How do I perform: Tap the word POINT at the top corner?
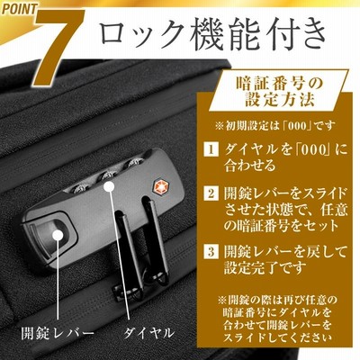click(19, 8)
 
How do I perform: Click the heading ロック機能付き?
click(212, 34)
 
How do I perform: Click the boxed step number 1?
click(211, 149)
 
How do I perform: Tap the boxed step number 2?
click(211, 193)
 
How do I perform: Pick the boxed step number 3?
click(211, 251)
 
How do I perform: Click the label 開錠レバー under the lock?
click(58, 332)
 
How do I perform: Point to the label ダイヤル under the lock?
click(148, 332)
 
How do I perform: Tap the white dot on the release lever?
click(58, 235)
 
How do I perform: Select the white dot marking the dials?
click(109, 186)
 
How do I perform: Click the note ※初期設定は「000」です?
click(275, 125)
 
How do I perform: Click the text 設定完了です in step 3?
click(265, 267)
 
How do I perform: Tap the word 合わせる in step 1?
click(250, 166)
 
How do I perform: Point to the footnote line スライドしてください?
click(277, 337)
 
